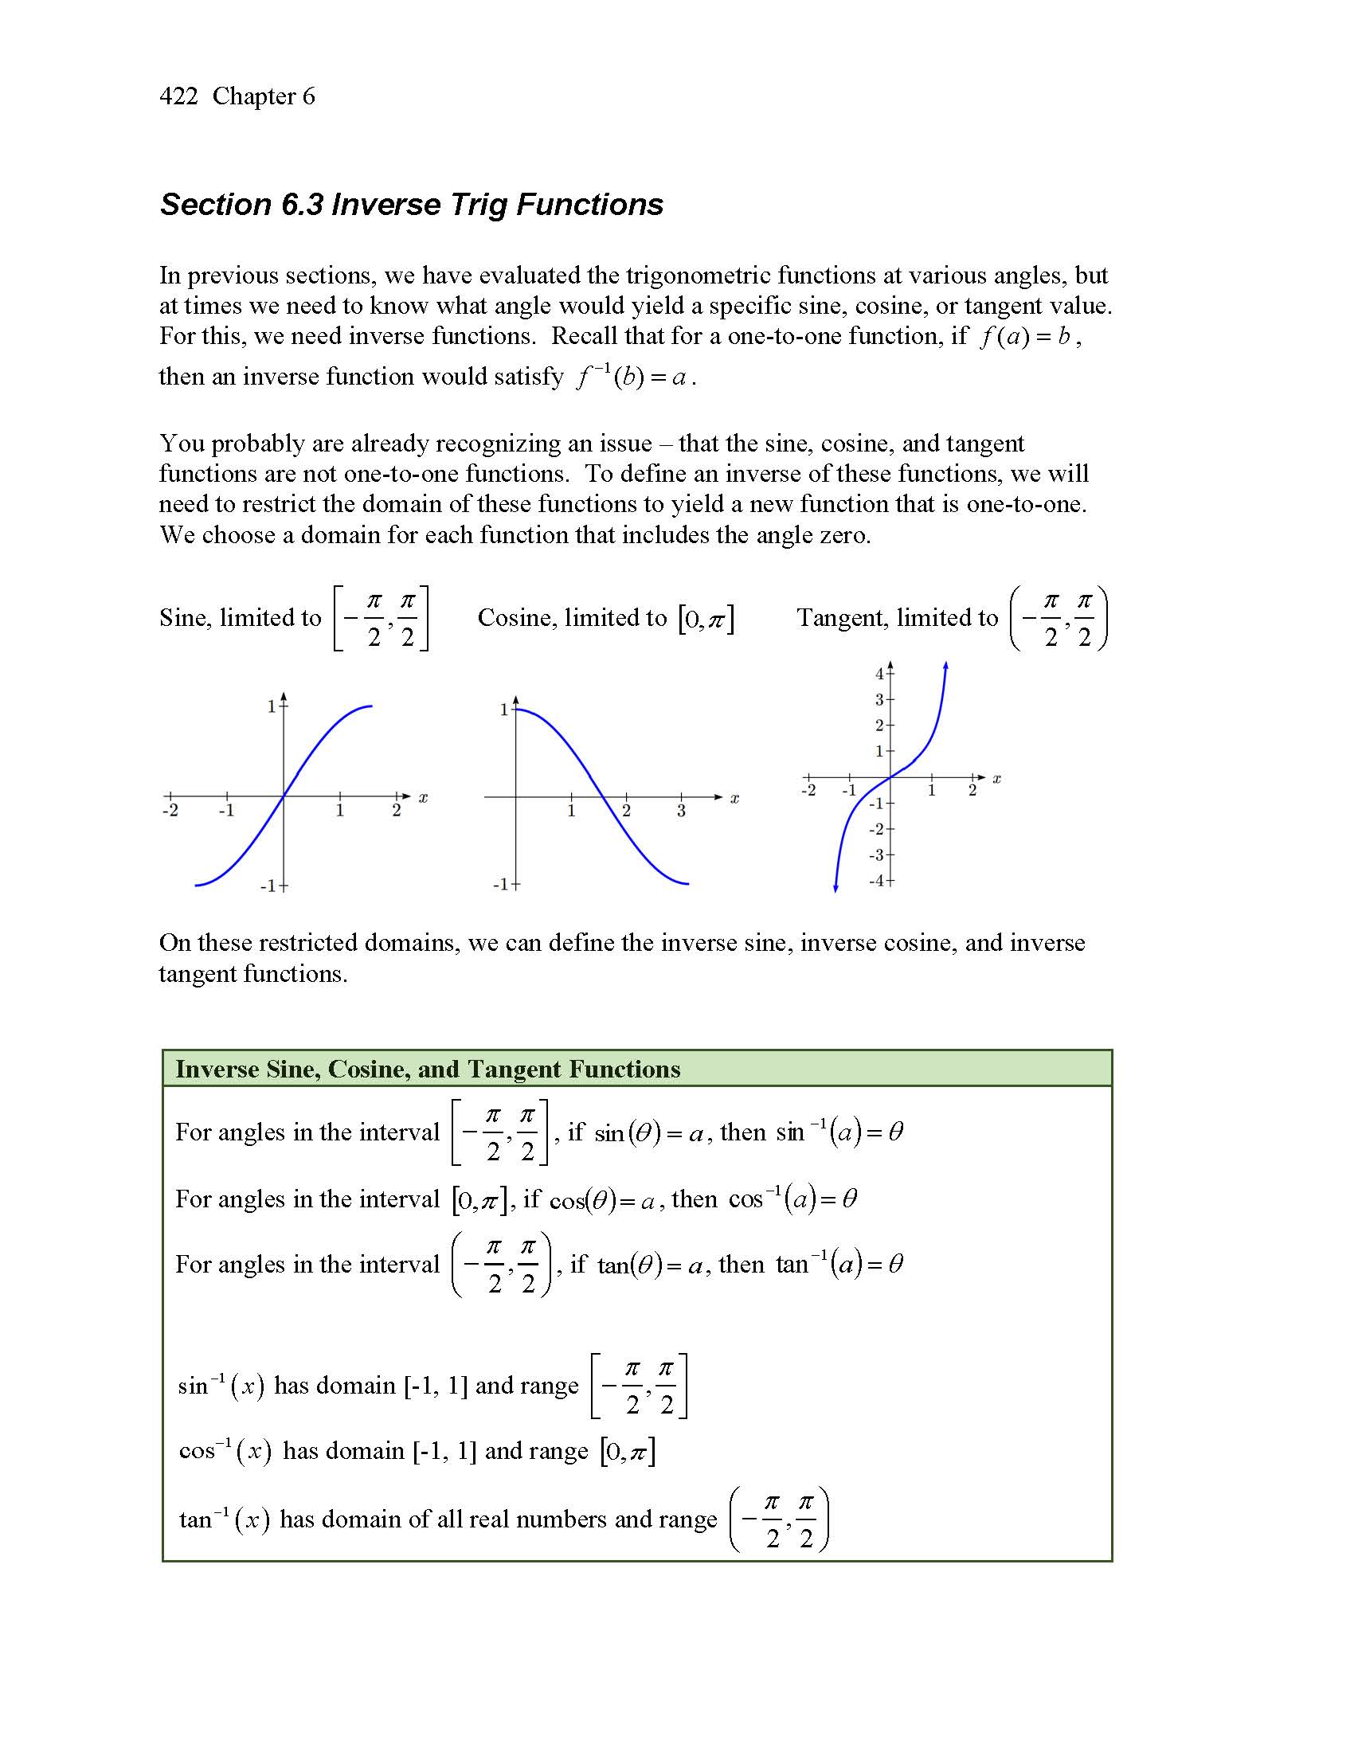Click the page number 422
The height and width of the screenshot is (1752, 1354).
(x=178, y=96)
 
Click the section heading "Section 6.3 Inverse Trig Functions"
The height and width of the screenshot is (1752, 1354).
(x=412, y=205)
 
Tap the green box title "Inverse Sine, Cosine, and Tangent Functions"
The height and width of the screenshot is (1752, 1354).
(x=428, y=1069)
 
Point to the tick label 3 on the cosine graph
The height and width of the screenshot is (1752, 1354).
(x=681, y=811)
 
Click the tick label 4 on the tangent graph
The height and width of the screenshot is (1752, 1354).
(x=879, y=674)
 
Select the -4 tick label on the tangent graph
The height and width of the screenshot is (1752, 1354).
(x=877, y=881)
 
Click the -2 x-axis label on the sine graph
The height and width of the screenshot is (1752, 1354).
(x=170, y=810)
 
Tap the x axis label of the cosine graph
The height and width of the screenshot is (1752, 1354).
(x=734, y=799)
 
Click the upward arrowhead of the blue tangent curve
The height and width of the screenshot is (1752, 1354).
(x=946, y=666)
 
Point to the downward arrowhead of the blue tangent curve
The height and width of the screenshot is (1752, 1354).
(x=835, y=887)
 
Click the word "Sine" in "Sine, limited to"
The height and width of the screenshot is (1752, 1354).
(x=183, y=618)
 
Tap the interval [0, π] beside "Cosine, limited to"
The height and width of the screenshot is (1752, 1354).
(x=706, y=620)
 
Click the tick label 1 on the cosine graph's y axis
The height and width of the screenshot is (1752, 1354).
(x=504, y=710)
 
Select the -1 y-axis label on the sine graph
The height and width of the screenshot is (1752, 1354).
(x=268, y=886)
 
